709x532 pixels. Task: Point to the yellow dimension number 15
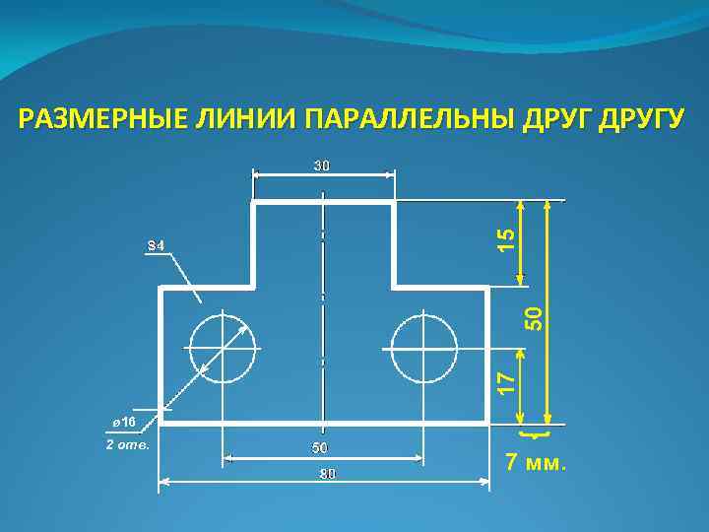[x=505, y=237]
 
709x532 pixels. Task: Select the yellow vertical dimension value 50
[x=534, y=316]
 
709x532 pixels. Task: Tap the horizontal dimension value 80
[x=327, y=475]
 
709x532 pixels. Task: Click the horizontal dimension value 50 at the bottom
[x=320, y=448]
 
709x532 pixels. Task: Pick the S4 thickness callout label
[x=156, y=244]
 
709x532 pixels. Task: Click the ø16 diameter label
[x=123, y=421]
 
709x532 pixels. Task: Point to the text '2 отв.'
[x=127, y=444]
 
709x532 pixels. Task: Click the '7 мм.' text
[x=536, y=462]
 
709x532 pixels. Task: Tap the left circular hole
[x=223, y=348]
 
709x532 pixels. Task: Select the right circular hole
[x=424, y=348]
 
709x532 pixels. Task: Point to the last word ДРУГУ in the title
[x=638, y=120]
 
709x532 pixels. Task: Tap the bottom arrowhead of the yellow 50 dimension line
[x=549, y=418]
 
